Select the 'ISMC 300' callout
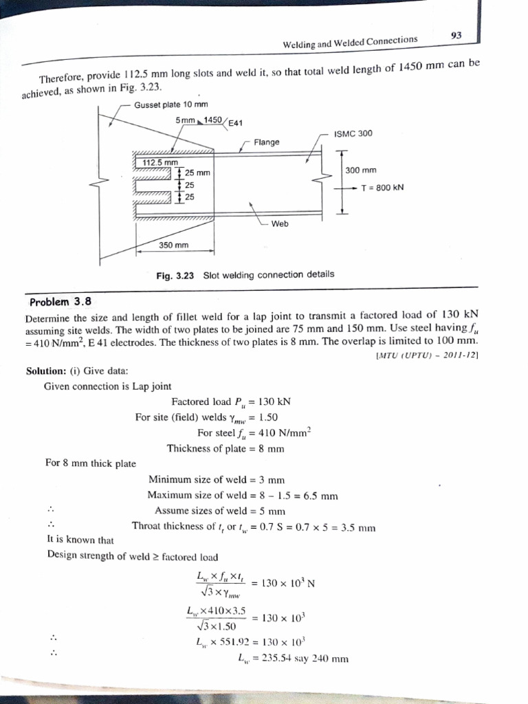pyautogui.click(x=353, y=133)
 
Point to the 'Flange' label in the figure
pyautogui.click(x=267, y=142)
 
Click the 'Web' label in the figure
pyautogui.click(x=280, y=223)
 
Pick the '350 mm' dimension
pyautogui.click(x=174, y=245)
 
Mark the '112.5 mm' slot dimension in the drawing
pyautogui.click(x=155, y=162)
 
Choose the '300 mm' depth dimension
pyautogui.click(x=362, y=170)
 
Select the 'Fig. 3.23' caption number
pyautogui.click(x=176, y=275)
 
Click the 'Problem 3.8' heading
pyautogui.click(x=60, y=302)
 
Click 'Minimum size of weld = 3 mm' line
pyautogui.click(x=216, y=479)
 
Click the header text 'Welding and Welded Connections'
pyautogui.click(x=350, y=41)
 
